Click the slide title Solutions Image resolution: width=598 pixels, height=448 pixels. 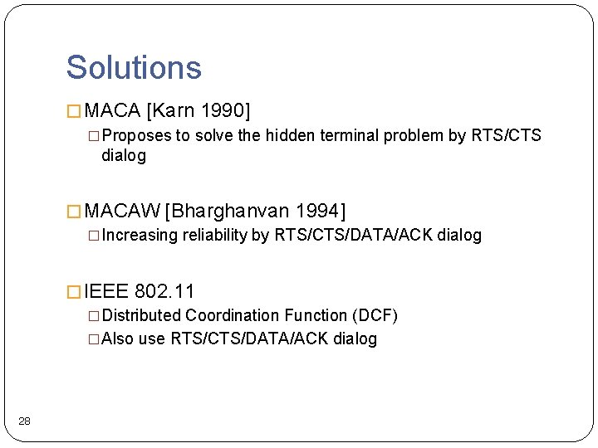(x=134, y=67)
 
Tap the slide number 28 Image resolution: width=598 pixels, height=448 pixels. (x=24, y=422)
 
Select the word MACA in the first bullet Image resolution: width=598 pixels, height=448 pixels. (x=113, y=110)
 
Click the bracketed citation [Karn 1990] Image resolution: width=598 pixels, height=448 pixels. (x=198, y=110)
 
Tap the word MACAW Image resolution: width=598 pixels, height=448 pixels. (x=123, y=211)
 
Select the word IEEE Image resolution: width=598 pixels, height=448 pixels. (x=106, y=291)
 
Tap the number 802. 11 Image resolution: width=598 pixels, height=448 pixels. (x=164, y=291)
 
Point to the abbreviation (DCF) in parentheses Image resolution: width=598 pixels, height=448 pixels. (x=375, y=315)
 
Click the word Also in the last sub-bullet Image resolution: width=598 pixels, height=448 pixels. (x=117, y=338)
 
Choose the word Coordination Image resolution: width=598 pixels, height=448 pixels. (x=233, y=315)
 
